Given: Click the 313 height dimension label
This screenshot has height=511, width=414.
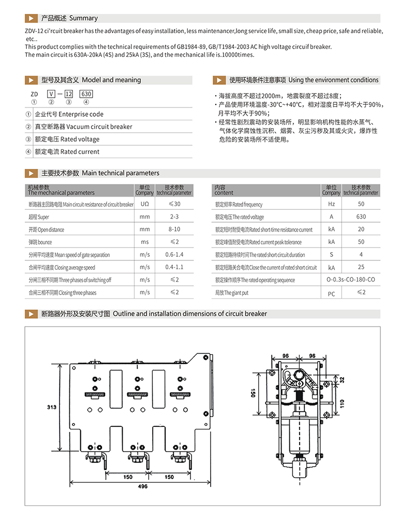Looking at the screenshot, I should (51, 407).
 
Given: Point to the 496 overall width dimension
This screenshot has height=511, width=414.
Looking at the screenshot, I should (143, 486).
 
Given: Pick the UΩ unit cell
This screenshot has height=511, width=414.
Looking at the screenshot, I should (144, 205).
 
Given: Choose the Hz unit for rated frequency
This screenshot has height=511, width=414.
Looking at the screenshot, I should (331, 205).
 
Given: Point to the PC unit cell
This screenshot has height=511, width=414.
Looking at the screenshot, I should (331, 293).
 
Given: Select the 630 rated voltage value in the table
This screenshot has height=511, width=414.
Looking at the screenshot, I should (361, 217).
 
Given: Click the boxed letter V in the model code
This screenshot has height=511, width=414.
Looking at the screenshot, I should (51, 94).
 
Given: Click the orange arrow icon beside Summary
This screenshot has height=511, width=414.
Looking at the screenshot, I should (32, 18).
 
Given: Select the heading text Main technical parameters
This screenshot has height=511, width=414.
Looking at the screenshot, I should (121, 173).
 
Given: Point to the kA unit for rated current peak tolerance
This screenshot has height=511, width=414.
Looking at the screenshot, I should (331, 242).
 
